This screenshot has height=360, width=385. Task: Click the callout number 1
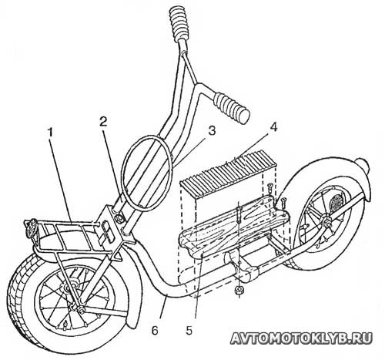coord(50,133)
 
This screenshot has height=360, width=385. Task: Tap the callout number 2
coord(103,122)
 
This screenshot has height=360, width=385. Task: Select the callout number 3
coord(212,131)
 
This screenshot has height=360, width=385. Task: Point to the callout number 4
coord(273,127)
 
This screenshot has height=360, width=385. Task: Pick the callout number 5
coord(189,331)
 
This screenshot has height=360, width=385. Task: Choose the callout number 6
coord(155,331)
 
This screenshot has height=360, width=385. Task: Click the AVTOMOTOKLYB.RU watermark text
coord(301,338)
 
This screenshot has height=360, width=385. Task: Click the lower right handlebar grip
coord(232,108)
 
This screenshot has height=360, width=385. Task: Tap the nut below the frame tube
coord(240,290)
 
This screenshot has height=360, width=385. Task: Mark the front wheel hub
coord(69,287)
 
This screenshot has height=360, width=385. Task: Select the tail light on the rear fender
coord(362,165)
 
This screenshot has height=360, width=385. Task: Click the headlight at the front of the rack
coord(31,228)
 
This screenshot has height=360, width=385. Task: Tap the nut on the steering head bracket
coord(119,219)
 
